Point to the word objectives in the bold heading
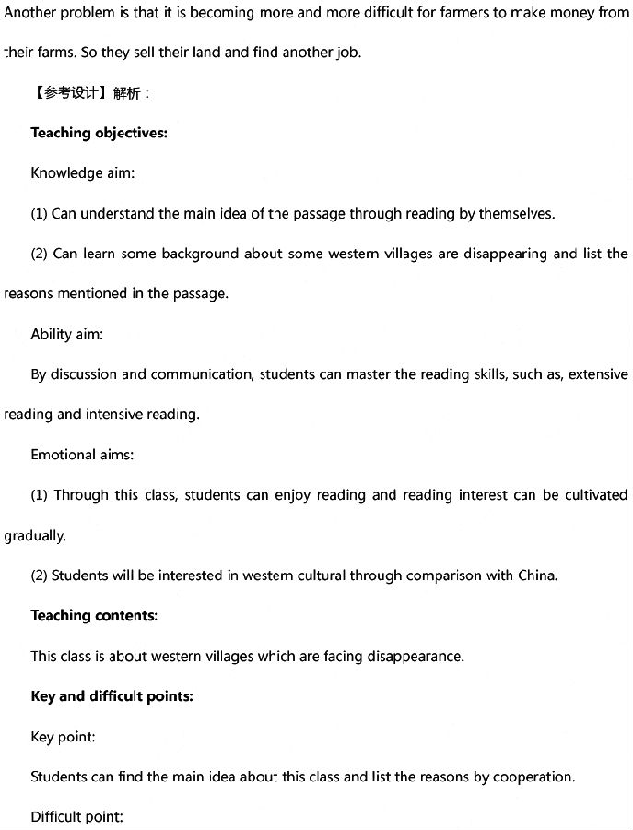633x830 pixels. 130,133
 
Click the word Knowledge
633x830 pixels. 66,173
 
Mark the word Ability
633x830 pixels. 51,334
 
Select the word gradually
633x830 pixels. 34,536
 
